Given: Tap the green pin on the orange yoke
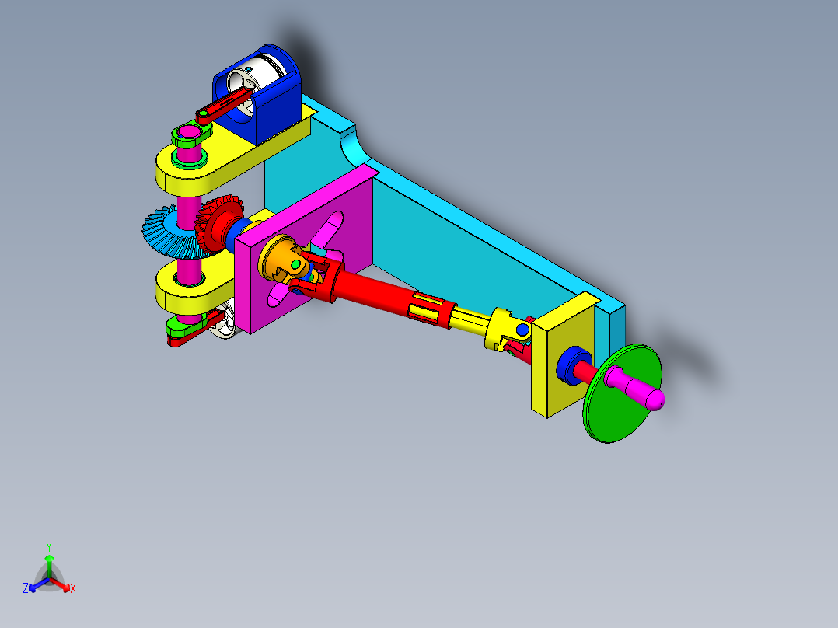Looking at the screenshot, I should [x=295, y=266].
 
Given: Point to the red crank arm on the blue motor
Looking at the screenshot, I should [x=225, y=106].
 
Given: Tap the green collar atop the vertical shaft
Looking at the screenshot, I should [x=187, y=138].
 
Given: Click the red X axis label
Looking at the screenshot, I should [x=73, y=588].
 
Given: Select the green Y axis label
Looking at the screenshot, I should [x=48, y=546].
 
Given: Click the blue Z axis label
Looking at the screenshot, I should [x=26, y=588].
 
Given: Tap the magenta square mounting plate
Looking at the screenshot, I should [x=272, y=295].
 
